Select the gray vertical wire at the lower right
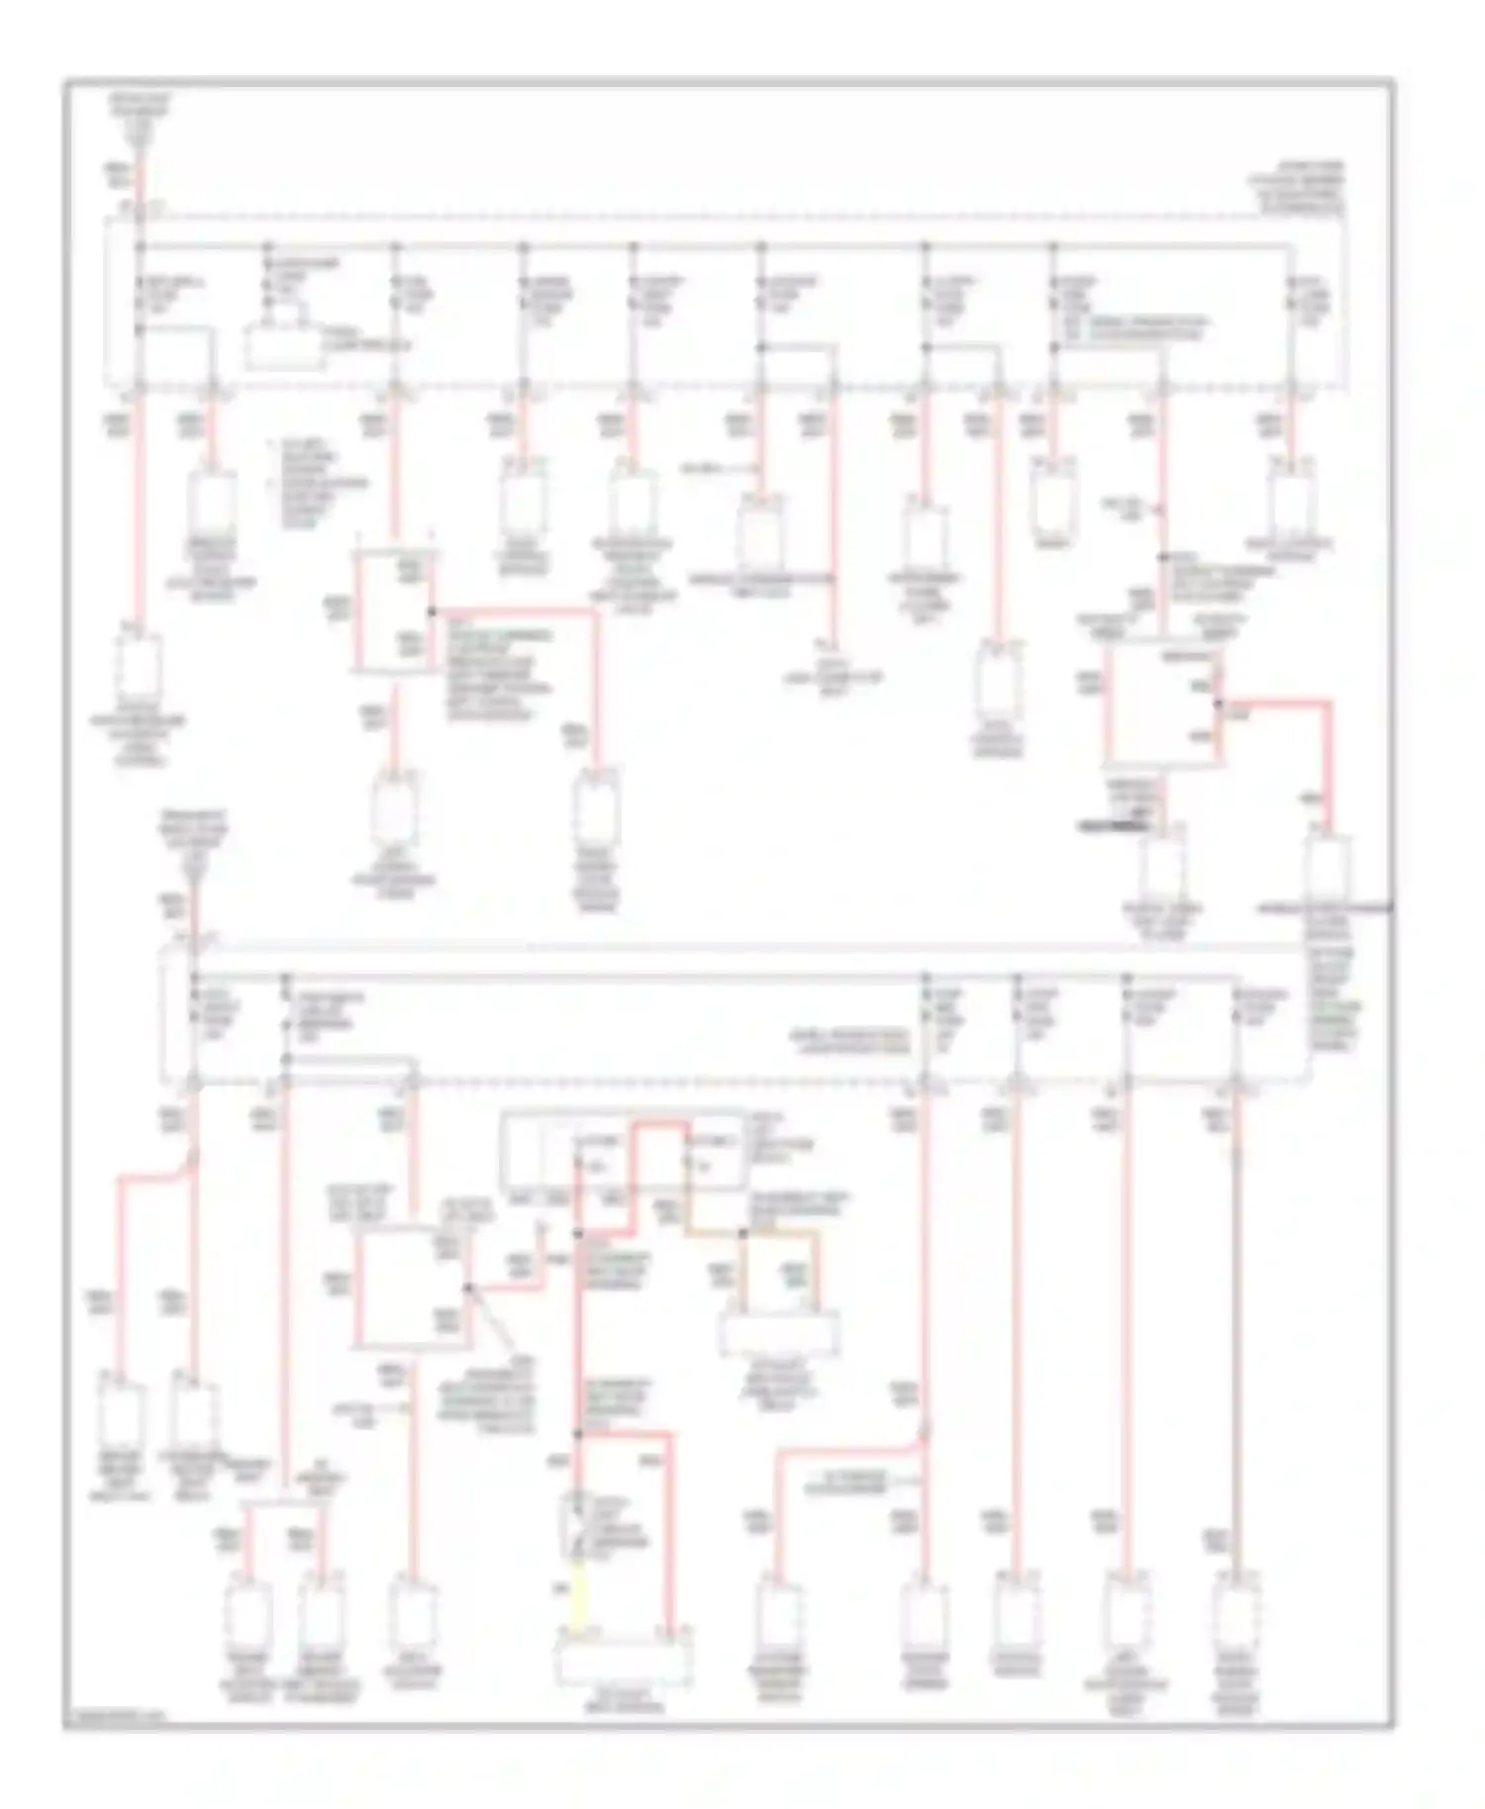pyautogui.click(x=1236, y=1336)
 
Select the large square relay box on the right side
pyautogui.click(x=1162, y=704)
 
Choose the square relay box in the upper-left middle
pyautogui.click(x=393, y=614)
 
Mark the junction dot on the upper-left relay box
pyautogui.click(x=432, y=612)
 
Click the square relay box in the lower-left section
pyautogui.click(x=411, y=1286)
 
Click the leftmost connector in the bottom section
pyautogui.click(x=121, y=1415)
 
